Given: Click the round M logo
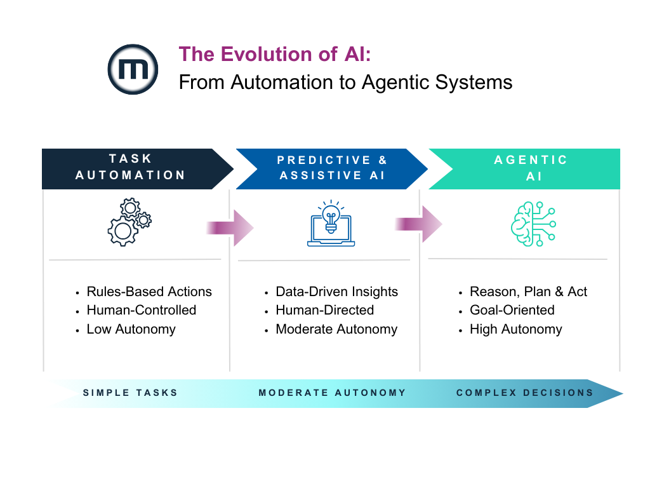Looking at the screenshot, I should pos(133,70).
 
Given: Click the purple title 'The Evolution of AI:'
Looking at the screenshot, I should pos(274,54).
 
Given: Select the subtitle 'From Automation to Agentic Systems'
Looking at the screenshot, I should pos(345,82).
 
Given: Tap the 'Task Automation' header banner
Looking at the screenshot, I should pos(130,167).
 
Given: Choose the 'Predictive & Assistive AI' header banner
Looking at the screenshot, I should pos(332,168).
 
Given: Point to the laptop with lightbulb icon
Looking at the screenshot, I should pos(331,224).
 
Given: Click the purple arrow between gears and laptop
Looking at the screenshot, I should pos(229,227).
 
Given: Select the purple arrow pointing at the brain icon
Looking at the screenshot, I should pos(418,224).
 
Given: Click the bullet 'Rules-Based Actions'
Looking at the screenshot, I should pos(149,292).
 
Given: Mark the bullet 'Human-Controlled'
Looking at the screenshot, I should pos(141,310).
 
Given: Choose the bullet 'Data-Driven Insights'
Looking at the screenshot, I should pos(336,292).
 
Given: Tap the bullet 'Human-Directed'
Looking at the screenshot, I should pos(324,310).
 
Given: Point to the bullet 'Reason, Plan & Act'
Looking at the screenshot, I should pos(528,292).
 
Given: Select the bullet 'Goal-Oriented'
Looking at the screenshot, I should pos(512,310).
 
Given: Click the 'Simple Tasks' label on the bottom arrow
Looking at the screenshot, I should pos(130,393).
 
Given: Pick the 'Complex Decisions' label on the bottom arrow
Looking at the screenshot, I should pos(524,393).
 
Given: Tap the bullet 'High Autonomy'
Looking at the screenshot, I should pos(515,329).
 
